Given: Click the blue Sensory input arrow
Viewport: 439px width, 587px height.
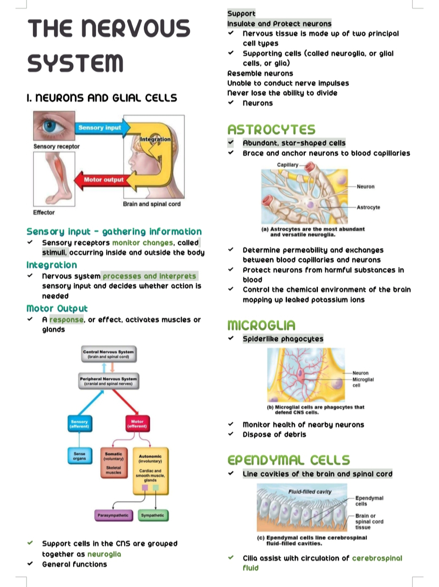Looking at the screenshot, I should tap(100, 128).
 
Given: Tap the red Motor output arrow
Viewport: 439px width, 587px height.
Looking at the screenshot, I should tap(104, 180).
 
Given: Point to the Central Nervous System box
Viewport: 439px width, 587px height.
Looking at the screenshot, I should tap(109, 354).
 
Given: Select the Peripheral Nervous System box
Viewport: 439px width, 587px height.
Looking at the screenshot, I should tap(109, 381).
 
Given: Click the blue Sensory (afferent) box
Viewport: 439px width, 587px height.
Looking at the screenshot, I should tap(79, 424).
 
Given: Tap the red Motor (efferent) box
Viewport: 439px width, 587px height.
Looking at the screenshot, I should tap(137, 424).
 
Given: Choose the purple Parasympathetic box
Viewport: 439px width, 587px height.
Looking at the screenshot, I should tap(113, 515).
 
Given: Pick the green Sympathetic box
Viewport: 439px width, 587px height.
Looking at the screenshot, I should tap(153, 515).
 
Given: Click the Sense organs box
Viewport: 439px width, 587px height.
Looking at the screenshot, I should tap(79, 456).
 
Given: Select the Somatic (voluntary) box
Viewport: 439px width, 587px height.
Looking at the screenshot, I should tap(114, 463).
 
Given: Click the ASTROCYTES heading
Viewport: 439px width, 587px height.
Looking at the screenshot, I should tap(271, 130).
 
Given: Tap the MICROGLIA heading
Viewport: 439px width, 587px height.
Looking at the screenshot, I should tap(261, 325).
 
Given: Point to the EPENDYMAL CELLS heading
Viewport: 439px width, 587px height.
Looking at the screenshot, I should tap(289, 460).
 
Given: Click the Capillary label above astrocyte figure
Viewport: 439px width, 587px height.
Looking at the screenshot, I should tap(288, 165).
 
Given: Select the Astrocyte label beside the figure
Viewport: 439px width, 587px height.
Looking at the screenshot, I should tap(368, 207).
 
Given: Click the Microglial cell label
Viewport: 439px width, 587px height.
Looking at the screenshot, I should tap(363, 382).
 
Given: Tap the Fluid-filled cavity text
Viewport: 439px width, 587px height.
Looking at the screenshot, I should tap(310, 492).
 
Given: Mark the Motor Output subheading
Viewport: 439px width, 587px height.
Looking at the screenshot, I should tap(57, 309).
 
